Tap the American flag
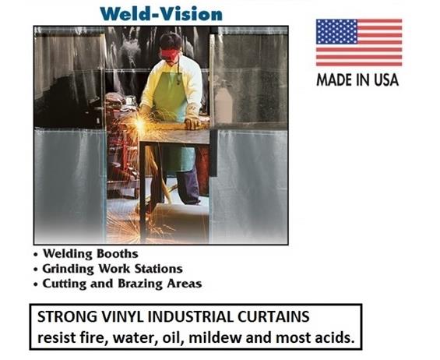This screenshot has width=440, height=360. (358, 43)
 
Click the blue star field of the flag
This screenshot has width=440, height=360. (334, 32)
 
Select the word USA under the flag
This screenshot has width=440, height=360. (383, 79)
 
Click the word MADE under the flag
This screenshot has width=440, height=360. (333, 79)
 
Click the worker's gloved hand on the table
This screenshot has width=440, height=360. (192, 123)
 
